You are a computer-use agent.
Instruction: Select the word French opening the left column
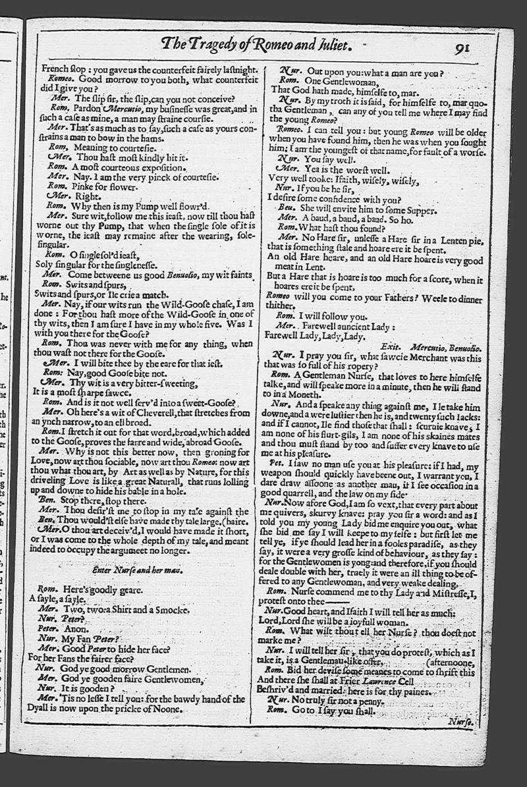pyautogui.click(x=57, y=68)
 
